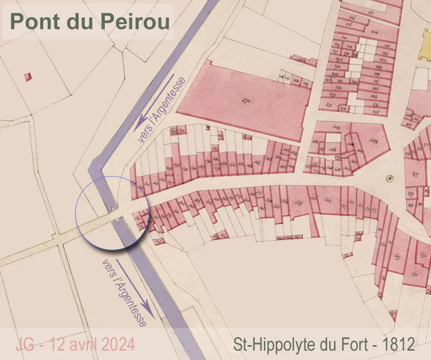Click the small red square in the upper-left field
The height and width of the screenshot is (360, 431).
point(28,76)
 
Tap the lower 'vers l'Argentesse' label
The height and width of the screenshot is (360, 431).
point(125,292)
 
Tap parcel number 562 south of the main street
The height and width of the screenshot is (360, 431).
point(329,199)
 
